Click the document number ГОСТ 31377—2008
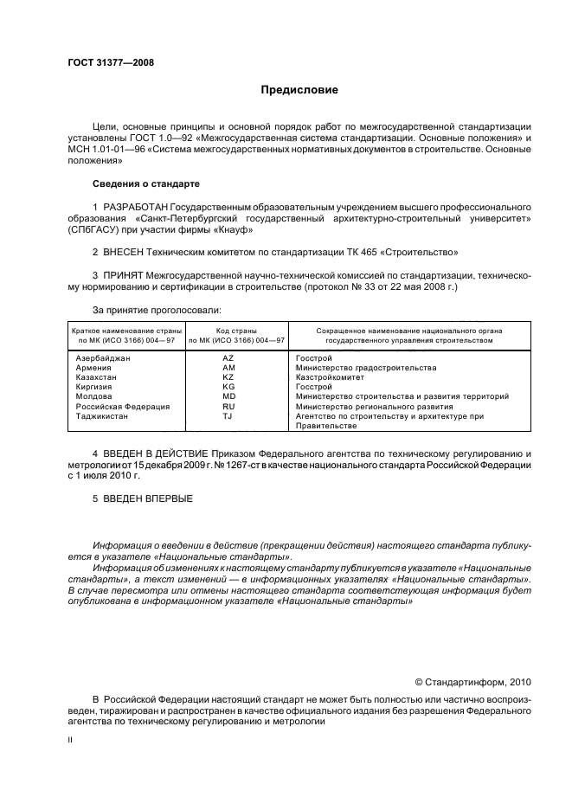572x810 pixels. coord(105,62)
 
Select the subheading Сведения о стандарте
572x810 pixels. coord(145,184)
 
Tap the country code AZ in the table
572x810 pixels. coord(228,357)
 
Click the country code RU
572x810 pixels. coord(228,406)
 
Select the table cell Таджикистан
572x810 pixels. coord(102,415)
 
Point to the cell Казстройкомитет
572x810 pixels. coord(331,377)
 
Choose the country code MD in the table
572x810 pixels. coord(228,396)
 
